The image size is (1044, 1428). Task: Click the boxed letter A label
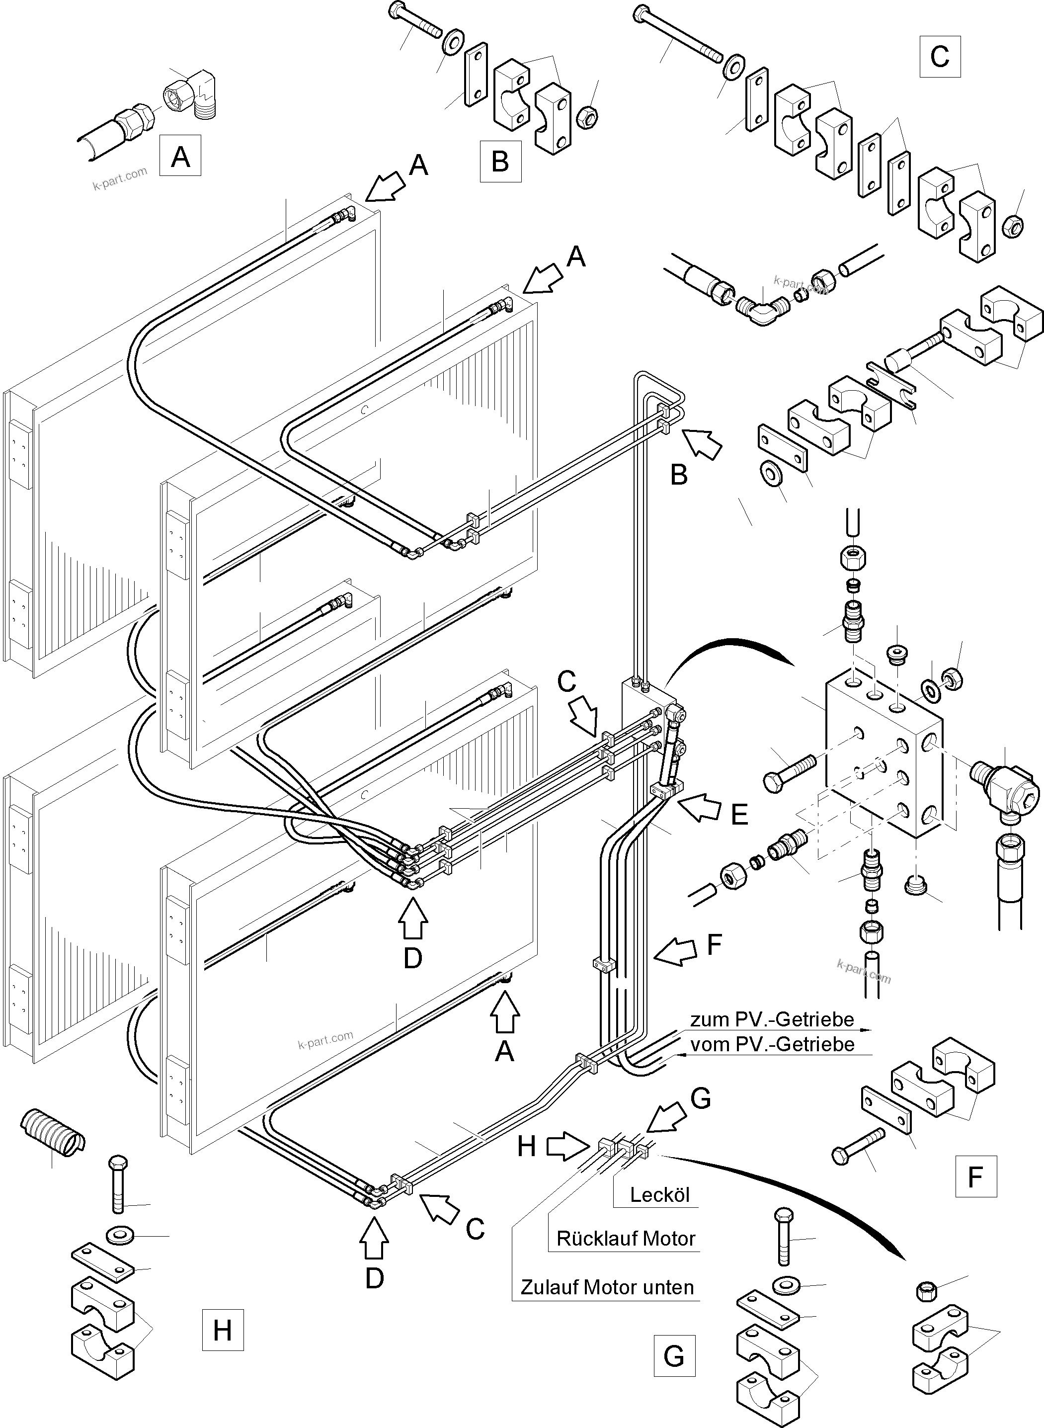[x=180, y=155]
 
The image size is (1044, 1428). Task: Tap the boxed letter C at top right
[x=940, y=57]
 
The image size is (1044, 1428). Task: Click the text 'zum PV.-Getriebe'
[x=772, y=1019]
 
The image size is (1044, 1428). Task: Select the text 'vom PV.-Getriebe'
[x=772, y=1044]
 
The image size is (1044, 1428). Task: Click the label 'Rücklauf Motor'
[x=626, y=1238]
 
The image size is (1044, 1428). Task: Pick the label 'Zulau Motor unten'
[x=607, y=1287]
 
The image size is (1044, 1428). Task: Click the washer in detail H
[x=116, y=1235]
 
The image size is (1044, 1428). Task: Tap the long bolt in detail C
[x=679, y=35]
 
